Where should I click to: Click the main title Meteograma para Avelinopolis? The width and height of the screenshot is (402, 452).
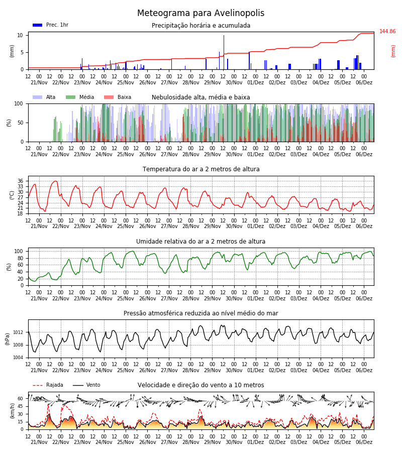pos(200,13)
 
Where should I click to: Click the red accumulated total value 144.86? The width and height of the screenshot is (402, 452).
pos(387,32)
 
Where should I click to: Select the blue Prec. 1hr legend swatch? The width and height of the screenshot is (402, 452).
pos(38,25)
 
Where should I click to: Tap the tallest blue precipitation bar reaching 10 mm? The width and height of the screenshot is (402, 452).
pos(224,52)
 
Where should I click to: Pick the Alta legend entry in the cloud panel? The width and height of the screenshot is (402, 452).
pos(44,97)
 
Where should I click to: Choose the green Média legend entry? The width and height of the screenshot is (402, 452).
pos(80,97)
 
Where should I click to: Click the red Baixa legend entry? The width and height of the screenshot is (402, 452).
pos(118,97)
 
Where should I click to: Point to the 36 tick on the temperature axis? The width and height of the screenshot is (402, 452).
pos(20,181)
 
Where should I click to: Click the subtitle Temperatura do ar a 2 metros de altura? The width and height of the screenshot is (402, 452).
pos(201,169)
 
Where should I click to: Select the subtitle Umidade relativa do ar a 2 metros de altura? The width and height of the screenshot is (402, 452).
pos(200,241)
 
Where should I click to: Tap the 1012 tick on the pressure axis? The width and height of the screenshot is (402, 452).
pos(18,332)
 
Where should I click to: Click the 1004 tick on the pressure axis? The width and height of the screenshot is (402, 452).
pos(18,358)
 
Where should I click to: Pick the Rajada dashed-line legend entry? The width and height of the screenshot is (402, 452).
pos(48,385)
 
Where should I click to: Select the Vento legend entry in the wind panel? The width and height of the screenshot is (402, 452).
pos(86,385)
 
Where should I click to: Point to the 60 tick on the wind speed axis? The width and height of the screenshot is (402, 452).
pos(20,399)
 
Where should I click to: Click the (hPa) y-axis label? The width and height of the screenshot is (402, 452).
pos(8,339)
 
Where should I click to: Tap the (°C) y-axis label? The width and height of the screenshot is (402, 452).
pos(12,195)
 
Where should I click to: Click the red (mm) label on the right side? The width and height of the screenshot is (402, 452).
pos(393,51)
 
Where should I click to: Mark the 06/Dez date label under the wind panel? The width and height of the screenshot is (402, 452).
pos(364,442)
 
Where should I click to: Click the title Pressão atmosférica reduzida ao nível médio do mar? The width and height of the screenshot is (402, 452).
pos(201,313)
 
